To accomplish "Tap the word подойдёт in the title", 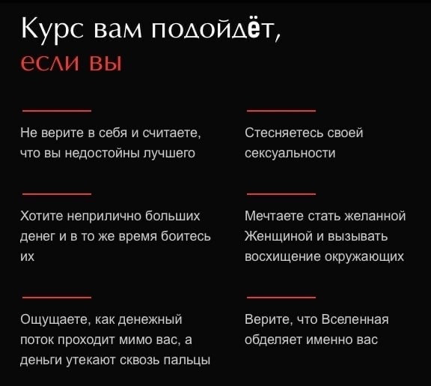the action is click(x=215, y=28).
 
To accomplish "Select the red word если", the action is click(x=51, y=63).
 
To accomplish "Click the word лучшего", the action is click(x=169, y=154).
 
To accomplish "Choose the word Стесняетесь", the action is click(x=284, y=133).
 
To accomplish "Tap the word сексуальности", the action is click(x=290, y=154).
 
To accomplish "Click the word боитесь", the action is click(x=186, y=236).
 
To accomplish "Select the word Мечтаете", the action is click(x=275, y=216).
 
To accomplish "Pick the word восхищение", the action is click(x=283, y=257).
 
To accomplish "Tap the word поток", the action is click(x=37, y=340).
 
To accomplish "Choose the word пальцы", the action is click(x=187, y=361).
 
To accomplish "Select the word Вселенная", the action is click(x=355, y=319).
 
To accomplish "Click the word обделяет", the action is click(x=274, y=340).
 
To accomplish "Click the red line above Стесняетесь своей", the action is click(x=281, y=111).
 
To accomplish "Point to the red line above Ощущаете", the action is click(x=57, y=297).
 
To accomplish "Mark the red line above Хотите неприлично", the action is click(x=57, y=194).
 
